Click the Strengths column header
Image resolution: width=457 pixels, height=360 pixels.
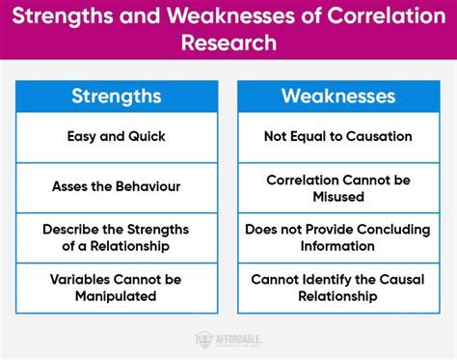117,97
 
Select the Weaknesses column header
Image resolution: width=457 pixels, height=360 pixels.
339,97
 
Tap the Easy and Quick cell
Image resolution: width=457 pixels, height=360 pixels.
117,137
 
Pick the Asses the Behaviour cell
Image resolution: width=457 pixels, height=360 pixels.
117,185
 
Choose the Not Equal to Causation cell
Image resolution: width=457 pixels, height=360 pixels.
339,137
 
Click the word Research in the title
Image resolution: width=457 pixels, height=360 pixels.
228,43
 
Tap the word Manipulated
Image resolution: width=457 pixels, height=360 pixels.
117,296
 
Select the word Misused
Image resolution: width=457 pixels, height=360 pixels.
339,196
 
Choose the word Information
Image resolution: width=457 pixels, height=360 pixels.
339,248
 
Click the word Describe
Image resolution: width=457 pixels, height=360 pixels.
70,231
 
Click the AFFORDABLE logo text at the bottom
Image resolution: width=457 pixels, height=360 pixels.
237,337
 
